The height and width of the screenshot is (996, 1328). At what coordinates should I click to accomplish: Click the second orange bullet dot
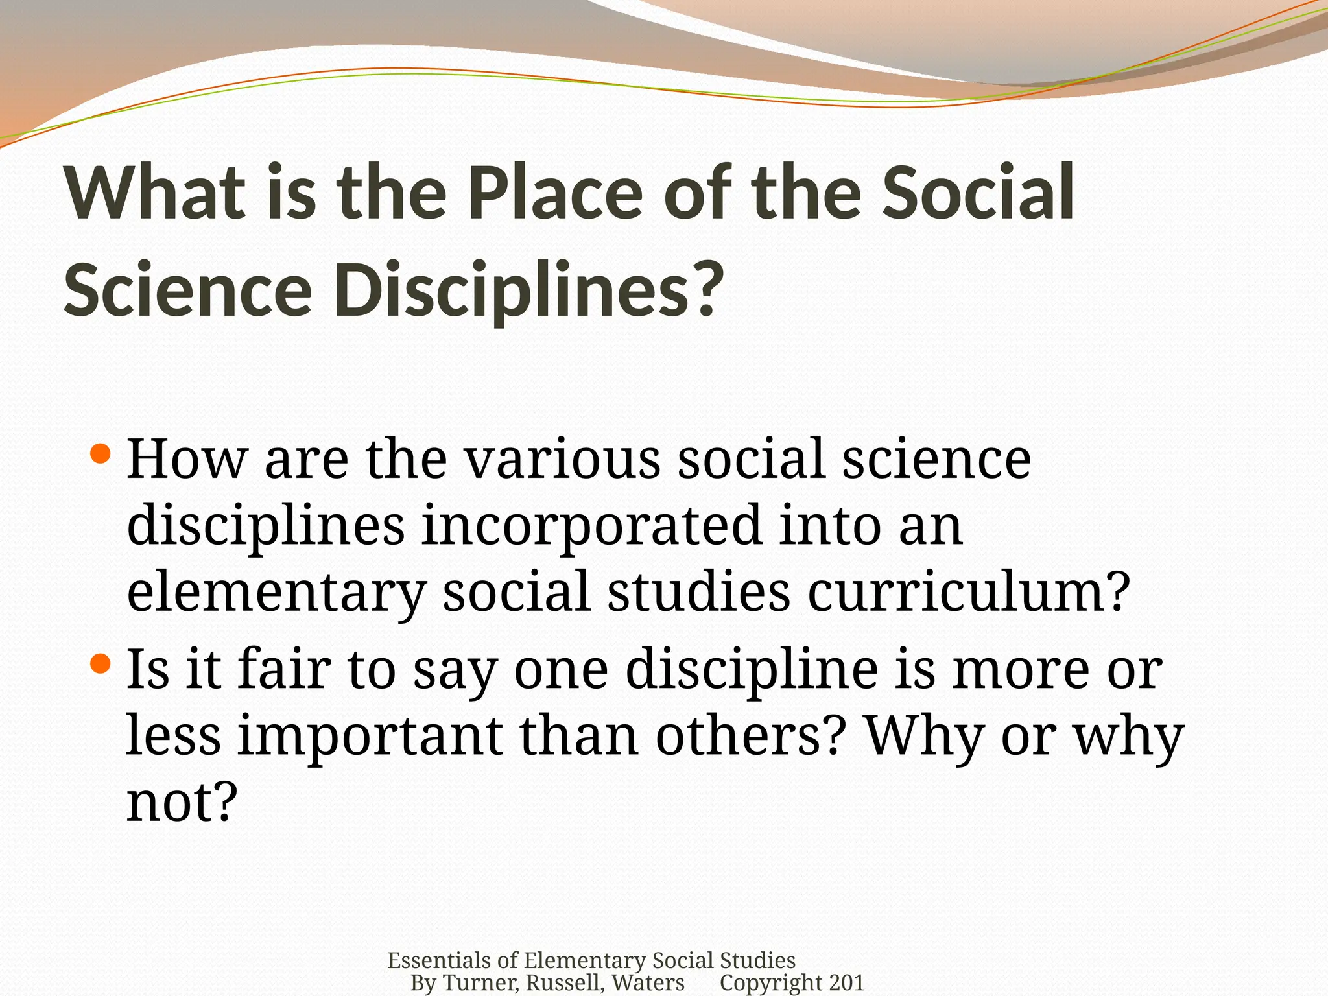101,664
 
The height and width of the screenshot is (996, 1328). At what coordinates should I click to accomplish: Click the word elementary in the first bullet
276,592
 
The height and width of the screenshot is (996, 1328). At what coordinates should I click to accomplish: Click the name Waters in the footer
648,983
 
